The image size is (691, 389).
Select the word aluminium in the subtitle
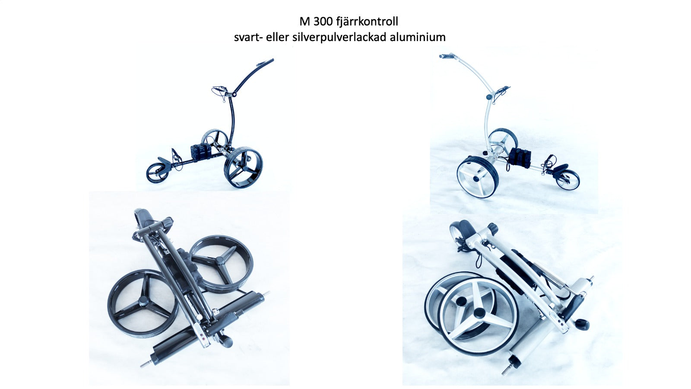[418, 37]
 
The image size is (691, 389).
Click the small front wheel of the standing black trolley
[157, 173]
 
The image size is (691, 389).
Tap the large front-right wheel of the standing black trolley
[244, 167]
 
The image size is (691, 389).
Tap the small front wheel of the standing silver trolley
[567, 180]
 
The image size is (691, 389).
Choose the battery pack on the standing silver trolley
[520, 157]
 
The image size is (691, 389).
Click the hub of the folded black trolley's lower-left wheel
[143, 300]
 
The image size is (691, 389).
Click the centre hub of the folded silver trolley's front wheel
[479, 313]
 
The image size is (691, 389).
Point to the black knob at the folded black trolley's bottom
[226, 341]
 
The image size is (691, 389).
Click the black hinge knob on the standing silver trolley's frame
[489, 97]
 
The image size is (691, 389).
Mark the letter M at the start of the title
[305, 22]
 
